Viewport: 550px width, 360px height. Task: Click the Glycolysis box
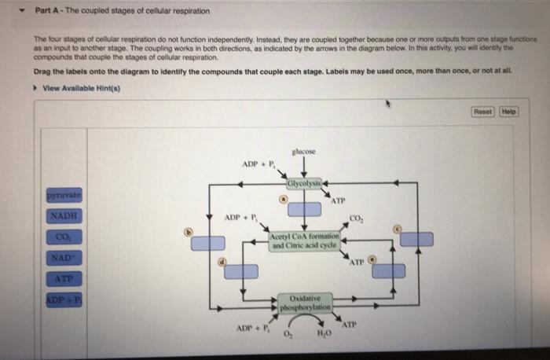point(304,185)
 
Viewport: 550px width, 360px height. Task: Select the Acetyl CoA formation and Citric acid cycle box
point(304,241)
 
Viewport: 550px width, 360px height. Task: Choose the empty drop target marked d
point(242,271)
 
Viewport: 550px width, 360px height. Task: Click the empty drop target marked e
point(389,271)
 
